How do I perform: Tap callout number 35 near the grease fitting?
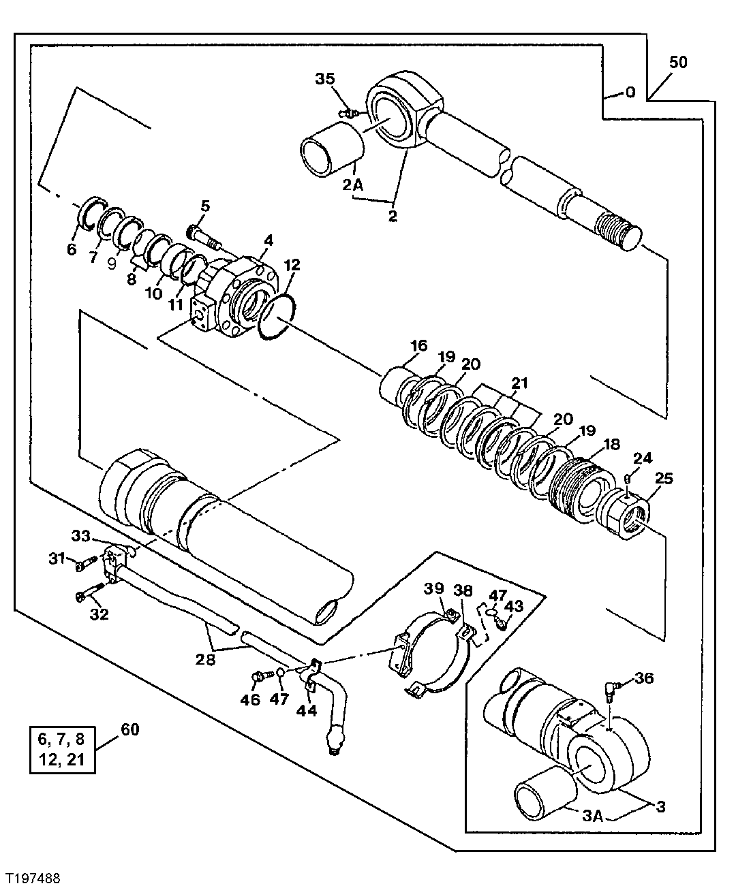pos(325,79)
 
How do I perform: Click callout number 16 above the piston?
pos(418,346)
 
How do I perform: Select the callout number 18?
pos(611,444)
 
